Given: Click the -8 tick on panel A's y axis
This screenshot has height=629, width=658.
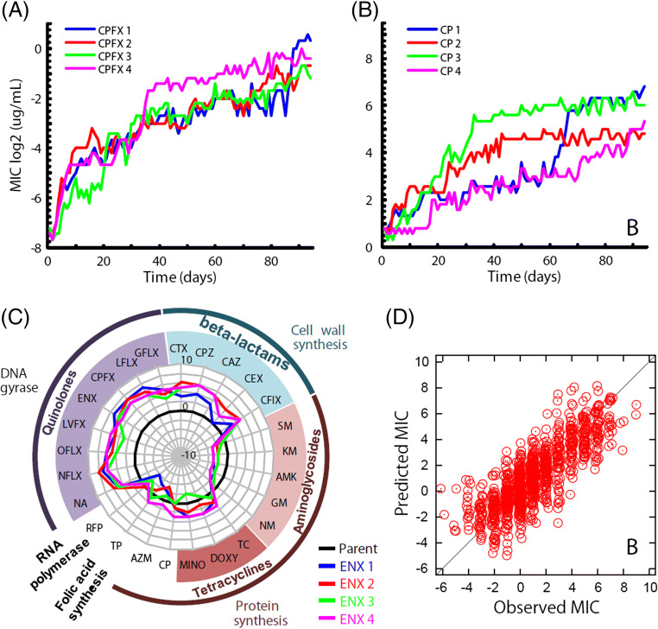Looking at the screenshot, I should click(35, 248).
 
